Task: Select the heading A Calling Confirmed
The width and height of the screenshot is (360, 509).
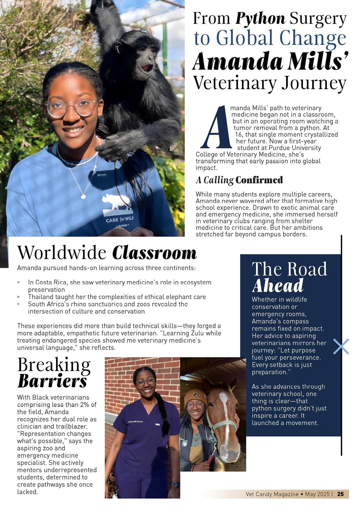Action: tap(239, 180)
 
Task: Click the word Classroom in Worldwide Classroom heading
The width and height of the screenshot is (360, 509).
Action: tap(154, 253)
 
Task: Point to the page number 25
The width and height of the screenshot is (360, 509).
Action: tap(341, 494)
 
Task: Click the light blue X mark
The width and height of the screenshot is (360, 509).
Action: tap(341, 346)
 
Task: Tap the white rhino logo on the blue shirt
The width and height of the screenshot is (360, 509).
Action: tap(116, 202)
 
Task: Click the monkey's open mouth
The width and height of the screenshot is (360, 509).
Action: tap(147, 68)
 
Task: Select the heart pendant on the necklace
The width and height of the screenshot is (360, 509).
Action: tap(83, 197)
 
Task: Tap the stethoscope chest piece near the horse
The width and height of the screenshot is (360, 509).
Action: tap(184, 443)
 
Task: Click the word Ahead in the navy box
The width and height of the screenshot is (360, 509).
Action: tap(278, 286)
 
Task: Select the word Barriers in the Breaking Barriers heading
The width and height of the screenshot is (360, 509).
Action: tap(52, 382)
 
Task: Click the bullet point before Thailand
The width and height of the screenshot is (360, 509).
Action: tap(19, 297)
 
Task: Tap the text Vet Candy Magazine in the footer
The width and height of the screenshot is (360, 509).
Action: tap(272, 494)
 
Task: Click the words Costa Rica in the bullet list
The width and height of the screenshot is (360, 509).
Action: tap(48, 282)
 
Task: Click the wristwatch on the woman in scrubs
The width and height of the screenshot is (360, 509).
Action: tap(175, 485)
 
